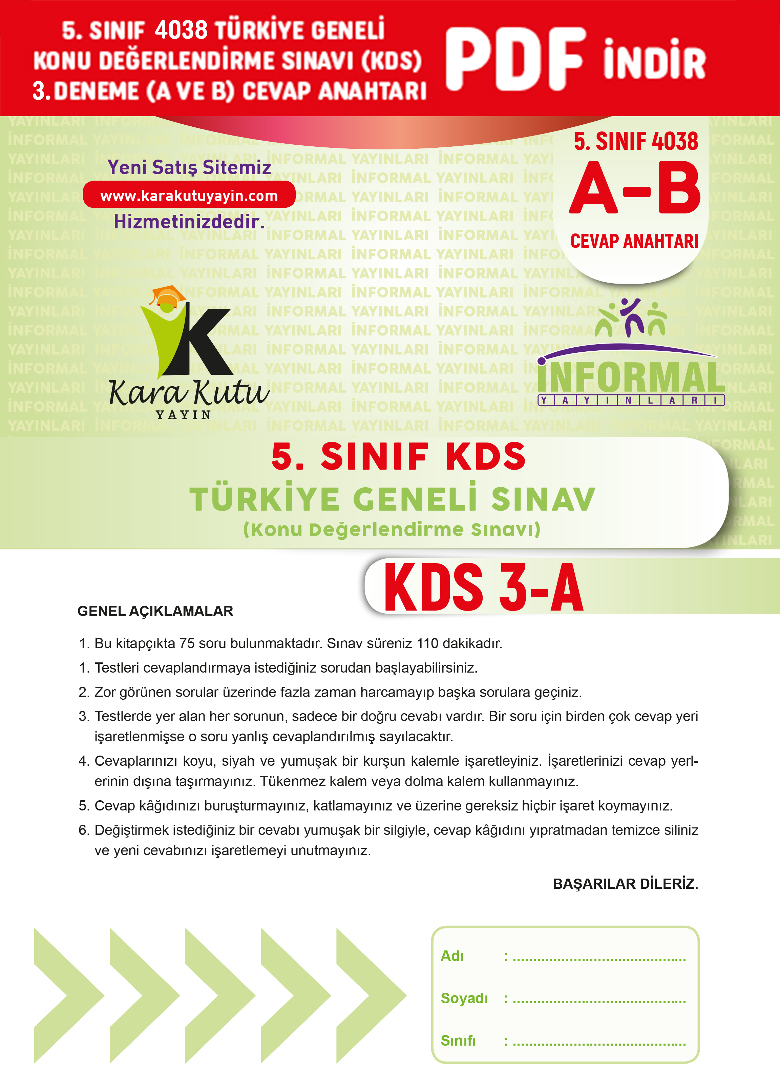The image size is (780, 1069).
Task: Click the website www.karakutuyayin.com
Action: (x=189, y=195)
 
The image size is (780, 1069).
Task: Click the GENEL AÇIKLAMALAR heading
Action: (x=155, y=611)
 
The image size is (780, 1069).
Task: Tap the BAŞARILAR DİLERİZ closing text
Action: (x=625, y=884)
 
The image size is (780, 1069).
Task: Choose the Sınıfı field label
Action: (x=458, y=1040)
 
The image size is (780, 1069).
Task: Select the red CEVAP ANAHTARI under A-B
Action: (x=634, y=241)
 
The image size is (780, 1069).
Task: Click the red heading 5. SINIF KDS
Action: (x=398, y=457)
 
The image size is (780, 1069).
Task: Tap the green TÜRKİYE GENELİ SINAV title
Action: (x=392, y=499)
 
